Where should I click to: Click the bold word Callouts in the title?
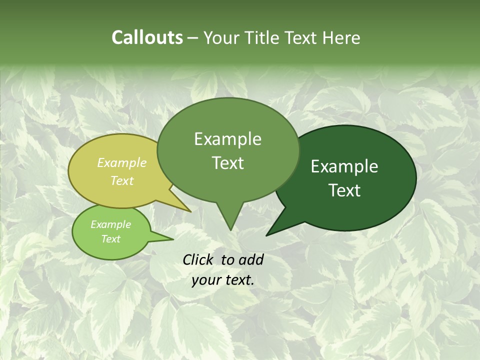pyautogui.click(x=147, y=37)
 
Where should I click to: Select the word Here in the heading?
pyautogui.click(x=341, y=37)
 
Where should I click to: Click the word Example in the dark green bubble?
pyautogui.click(x=344, y=166)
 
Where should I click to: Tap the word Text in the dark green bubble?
pyautogui.click(x=344, y=190)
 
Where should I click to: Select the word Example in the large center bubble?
pyautogui.click(x=227, y=139)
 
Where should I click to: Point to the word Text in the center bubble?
pyautogui.click(x=227, y=163)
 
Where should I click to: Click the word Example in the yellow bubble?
pyautogui.click(x=122, y=163)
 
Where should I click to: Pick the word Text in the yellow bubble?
pyautogui.click(x=122, y=180)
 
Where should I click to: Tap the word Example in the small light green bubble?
pyautogui.click(x=110, y=224)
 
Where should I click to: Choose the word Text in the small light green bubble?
pyautogui.click(x=110, y=239)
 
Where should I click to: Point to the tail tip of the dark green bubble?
pyautogui.click(x=267, y=234)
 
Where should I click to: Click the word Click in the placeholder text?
pyautogui.click(x=198, y=259)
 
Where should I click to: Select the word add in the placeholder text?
pyautogui.click(x=251, y=259)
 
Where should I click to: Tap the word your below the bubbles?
pyautogui.click(x=205, y=280)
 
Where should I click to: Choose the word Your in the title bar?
pyautogui.click(x=223, y=37)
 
